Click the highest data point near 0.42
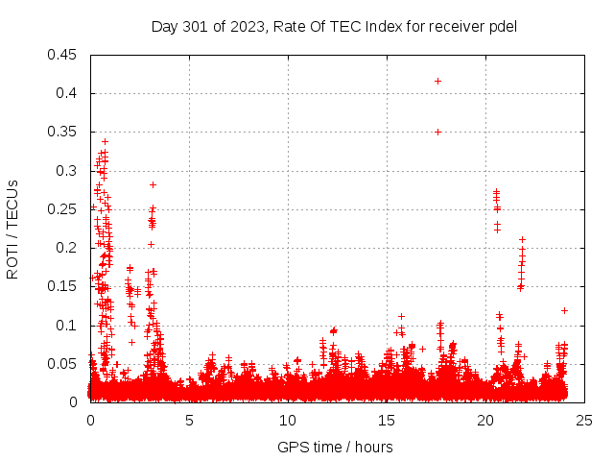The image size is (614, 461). (x=437, y=81)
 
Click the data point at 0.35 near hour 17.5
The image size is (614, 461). (x=437, y=132)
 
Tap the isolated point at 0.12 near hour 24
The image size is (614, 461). (x=564, y=310)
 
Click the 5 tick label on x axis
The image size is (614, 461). (x=189, y=420)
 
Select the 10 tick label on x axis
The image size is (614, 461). (x=288, y=420)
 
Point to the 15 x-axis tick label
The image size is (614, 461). (x=387, y=420)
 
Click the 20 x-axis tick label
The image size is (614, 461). (x=485, y=420)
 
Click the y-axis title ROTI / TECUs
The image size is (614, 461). (x=13, y=229)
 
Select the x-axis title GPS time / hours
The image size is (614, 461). (x=335, y=447)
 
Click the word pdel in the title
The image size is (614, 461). (x=502, y=26)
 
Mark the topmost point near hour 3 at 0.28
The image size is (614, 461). (x=153, y=184)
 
